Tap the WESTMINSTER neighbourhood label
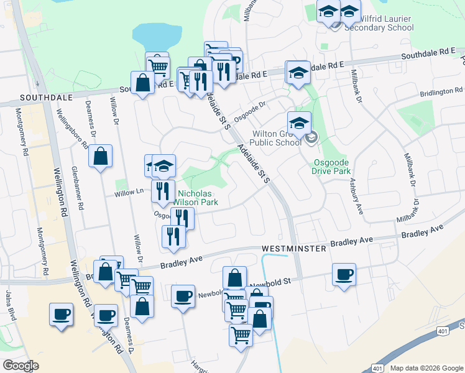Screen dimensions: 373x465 tap(294, 248)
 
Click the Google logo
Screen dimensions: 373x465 tap(21, 366)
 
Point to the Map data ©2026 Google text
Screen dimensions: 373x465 tap(425, 368)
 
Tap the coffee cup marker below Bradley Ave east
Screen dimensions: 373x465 tap(344, 274)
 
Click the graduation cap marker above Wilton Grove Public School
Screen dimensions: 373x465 tap(299, 121)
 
